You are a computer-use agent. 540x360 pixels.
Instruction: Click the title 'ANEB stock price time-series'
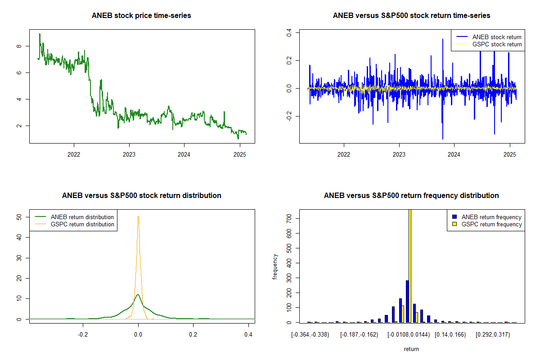[x=141, y=16]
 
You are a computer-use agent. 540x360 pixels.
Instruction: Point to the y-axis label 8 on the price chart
[x=18, y=46]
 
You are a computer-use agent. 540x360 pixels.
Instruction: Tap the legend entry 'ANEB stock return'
[x=497, y=37]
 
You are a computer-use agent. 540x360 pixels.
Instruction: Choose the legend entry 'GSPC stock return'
[x=497, y=44]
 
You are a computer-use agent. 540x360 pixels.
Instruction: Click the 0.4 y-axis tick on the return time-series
[x=288, y=33]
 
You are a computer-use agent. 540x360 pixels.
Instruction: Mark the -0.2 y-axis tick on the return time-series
[x=288, y=117]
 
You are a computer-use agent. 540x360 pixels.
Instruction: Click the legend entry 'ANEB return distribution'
[x=82, y=217]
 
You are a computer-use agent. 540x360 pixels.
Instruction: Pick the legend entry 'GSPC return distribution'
[x=82, y=224]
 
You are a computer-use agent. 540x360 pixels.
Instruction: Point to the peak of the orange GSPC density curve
[x=138, y=217]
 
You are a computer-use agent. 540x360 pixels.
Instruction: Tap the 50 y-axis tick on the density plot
[x=18, y=216]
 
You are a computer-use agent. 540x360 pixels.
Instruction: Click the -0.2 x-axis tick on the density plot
[x=83, y=335]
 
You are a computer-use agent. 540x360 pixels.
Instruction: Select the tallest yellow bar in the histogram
[x=409, y=265]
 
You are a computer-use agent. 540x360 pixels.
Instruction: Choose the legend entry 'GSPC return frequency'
[x=491, y=224]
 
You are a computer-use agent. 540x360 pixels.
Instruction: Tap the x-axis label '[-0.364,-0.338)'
[x=310, y=335]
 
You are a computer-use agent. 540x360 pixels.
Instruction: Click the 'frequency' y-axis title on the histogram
[x=275, y=267]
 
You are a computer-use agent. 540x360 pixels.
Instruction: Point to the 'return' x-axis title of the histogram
[x=411, y=349]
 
